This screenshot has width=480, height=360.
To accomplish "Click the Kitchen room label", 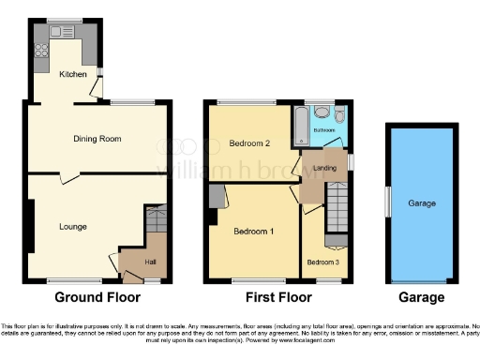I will pyautogui.click(x=74, y=74).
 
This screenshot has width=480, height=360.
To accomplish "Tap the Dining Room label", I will pyautogui.click(x=98, y=139).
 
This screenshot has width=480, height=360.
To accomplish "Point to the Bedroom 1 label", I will pyautogui.click(x=253, y=232).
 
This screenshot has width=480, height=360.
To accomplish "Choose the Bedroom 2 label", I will pyautogui.click(x=249, y=143).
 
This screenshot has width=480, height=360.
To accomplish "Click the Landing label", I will pyautogui.click(x=324, y=168).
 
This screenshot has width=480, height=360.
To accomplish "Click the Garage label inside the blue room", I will pyautogui.click(x=420, y=202).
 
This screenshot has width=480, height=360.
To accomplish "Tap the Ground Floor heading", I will pyautogui.click(x=97, y=297).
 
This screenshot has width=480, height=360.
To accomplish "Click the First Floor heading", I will pyautogui.click(x=277, y=297).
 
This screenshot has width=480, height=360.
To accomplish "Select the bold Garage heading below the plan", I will pyautogui.click(x=420, y=297).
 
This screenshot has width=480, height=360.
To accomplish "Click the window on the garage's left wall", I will pyautogui.click(x=387, y=201).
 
